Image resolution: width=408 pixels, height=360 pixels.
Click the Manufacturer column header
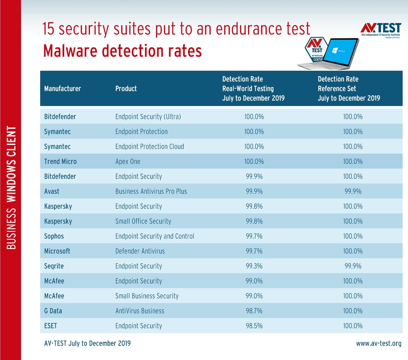click(62, 88)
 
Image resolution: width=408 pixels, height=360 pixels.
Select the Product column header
click(126, 88)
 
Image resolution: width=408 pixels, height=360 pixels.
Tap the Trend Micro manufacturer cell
click(60, 161)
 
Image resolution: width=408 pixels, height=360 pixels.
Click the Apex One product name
click(128, 161)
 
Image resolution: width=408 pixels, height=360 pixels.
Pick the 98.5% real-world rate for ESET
click(254, 326)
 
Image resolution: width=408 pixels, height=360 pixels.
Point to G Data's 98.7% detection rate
click(254, 311)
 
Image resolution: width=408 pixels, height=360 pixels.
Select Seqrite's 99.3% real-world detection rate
click(254, 266)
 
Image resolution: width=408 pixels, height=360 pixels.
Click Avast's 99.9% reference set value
click(352, 191)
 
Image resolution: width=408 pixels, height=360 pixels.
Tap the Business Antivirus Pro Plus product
click(151, 191)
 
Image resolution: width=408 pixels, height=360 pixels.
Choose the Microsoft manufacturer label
click(57, 251)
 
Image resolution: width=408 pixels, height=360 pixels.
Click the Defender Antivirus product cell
click(140, 251)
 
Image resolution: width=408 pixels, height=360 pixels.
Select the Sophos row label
click(54, 236)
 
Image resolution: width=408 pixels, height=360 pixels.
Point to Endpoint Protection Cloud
click(149, 147)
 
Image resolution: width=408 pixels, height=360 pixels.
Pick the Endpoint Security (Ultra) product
click(148, 117)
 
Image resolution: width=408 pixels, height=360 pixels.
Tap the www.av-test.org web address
click(378, 343)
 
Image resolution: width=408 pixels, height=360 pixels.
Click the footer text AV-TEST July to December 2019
click(87, 343)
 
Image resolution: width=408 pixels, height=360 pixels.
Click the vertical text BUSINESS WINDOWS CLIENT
click(11, 188)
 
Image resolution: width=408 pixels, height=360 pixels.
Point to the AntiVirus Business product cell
click(139, 311)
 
